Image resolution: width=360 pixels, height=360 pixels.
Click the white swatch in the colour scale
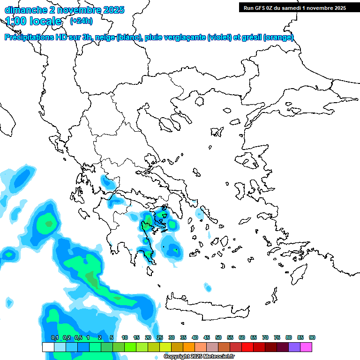click(48, 347)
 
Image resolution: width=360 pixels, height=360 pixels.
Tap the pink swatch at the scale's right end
click(306, 347)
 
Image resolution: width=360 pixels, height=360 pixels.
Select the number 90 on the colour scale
click(312, 337)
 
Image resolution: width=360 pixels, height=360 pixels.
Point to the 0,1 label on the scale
click(55, 337)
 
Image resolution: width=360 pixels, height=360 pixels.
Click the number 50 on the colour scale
click(218, 337)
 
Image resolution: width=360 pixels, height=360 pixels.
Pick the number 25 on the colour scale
click(160, 337)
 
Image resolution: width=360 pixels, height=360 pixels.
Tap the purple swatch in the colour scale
click(294, 347)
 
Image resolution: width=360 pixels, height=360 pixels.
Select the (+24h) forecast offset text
click(81, 21)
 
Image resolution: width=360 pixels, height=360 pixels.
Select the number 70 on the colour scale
click(265, 337)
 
